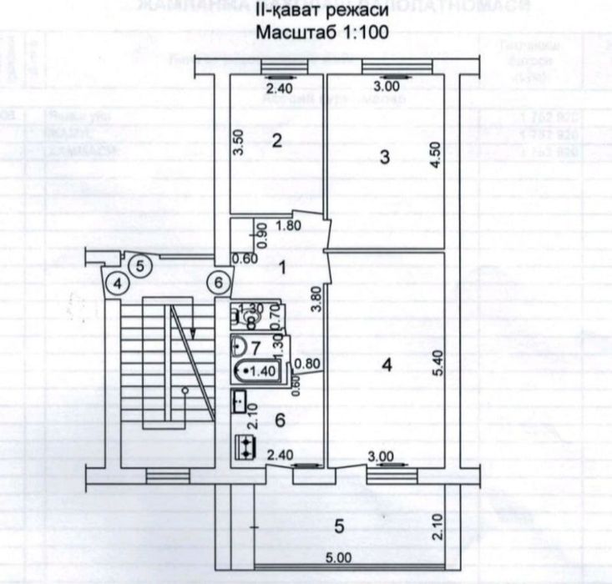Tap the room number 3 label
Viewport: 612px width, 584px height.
(x=384, y=157)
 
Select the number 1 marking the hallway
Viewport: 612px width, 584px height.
(x=283, y=268)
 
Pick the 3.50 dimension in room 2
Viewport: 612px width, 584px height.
(x=238, y=146)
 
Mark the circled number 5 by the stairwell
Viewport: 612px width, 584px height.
(x=140, y=266)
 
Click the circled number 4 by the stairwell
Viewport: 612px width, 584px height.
(x=119, y=284)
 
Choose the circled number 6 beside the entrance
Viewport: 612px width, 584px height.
(x=218, y=283)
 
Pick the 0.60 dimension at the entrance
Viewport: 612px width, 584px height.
(x=244, y=258)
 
